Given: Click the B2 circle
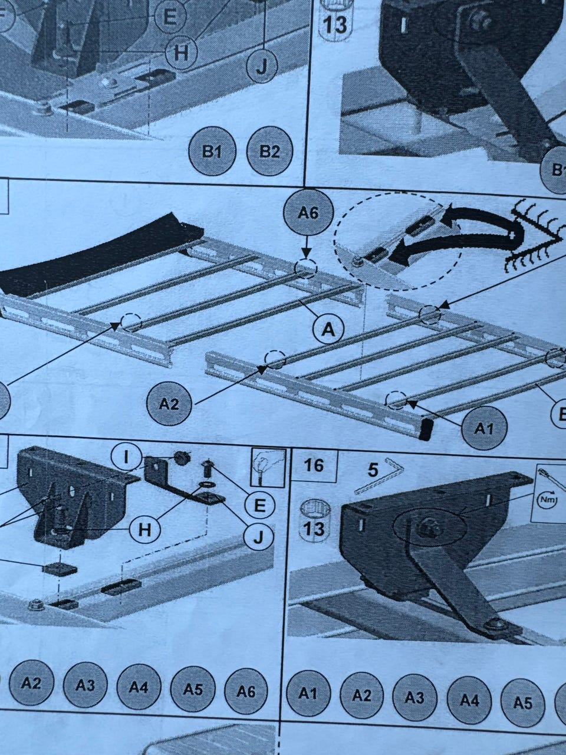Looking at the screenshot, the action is (x=270, y=152).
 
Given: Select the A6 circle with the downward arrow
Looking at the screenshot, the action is (x=308, y=214).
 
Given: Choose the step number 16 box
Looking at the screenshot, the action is (x=314, y=466).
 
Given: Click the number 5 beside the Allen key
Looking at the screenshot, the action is (x=373, y=471).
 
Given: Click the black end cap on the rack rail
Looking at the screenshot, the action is (x=426, y=429).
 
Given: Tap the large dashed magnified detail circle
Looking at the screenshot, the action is (x=399, y=245).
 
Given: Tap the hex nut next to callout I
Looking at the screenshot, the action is (x=181, y=458).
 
